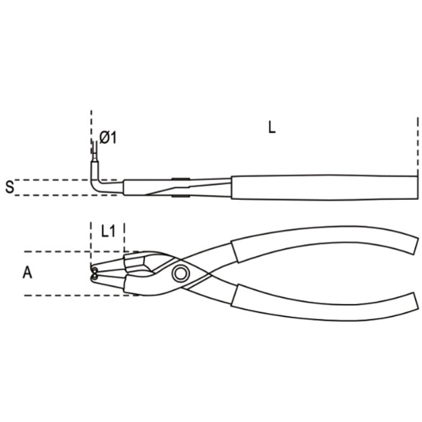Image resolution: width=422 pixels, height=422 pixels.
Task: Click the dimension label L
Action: [x=272, y=128]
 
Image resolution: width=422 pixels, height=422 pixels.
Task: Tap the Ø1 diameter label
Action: [x=108, y=138]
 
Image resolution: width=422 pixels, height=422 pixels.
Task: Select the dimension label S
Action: [x=9, y=187]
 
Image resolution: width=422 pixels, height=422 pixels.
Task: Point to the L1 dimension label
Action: [x=108, y=230]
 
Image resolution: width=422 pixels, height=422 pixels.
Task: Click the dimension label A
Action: [x=27, y=273]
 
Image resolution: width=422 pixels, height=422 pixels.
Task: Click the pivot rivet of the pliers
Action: [x=180, y=273]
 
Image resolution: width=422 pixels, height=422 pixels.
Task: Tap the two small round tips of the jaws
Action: [x=95, y=273]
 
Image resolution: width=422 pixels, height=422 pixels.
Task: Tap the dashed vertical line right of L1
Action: [x=124, y=237]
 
